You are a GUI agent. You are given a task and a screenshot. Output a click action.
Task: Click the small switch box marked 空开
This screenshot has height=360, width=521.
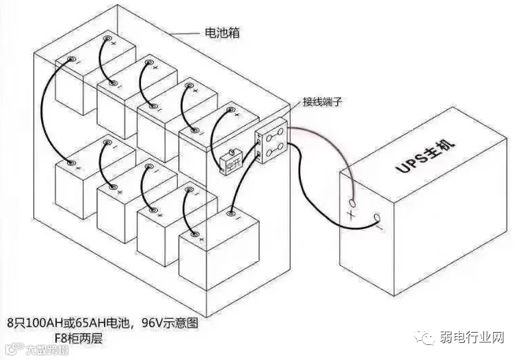click(x=230, y=163)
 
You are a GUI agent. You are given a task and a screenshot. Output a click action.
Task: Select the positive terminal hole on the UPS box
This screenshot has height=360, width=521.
click(x=353, y=203)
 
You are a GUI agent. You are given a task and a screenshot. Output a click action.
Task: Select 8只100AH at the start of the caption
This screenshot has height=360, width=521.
click(x=31, y=320)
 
